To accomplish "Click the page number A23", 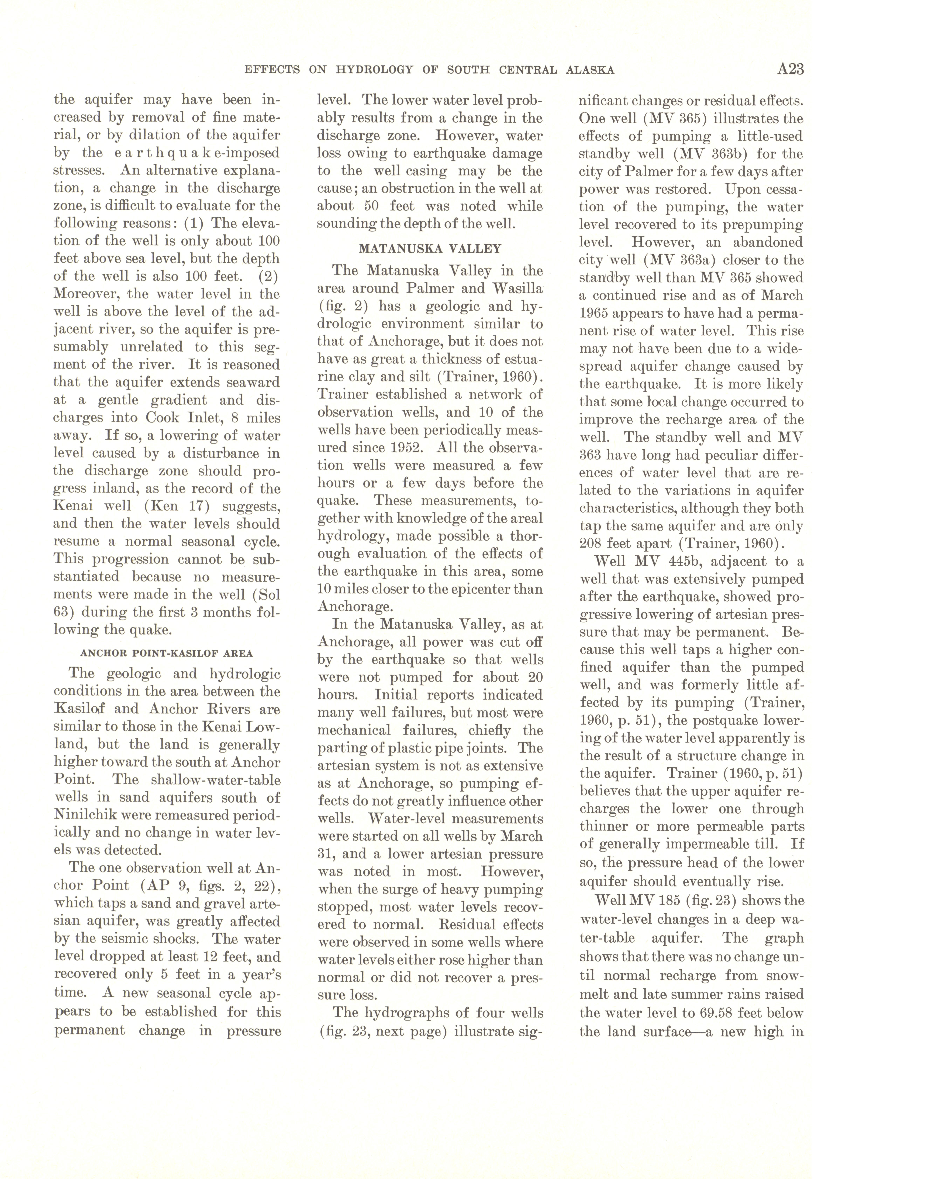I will tap(790, 69).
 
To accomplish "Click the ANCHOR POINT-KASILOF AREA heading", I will tap(166, 653).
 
